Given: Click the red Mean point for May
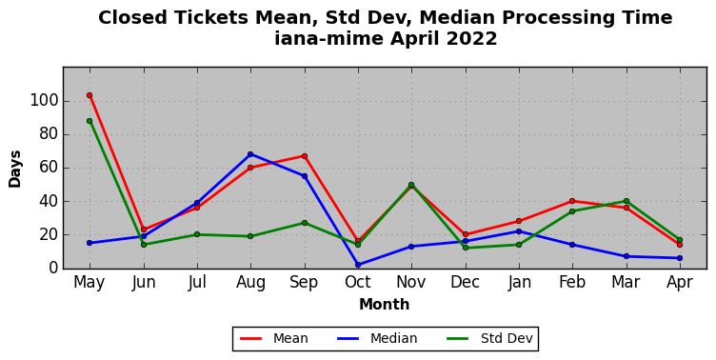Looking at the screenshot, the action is (x=89, y=95).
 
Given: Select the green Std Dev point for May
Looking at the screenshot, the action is (x=89, y=121).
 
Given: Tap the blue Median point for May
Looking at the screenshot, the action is (x=89, y=243).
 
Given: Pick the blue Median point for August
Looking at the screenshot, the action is (x=250, y=154).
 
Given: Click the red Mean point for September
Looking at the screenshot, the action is (x=305, y=156).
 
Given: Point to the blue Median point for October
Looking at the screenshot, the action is (x=358, y=265).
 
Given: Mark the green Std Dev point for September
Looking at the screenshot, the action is (x=305, y=223).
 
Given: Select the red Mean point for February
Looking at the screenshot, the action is (x=572, y=201).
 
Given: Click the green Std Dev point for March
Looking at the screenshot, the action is (x=626, y=201).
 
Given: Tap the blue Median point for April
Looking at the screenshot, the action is (x=680, y=258).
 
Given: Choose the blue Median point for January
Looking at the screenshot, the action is (x=519, y=231).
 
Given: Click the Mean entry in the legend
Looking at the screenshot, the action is (x=274, y=338).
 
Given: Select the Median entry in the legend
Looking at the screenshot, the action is (x=377, y=338).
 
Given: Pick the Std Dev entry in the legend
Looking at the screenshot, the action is (x=489, y=338).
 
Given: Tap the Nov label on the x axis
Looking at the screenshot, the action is (x=411, y=282).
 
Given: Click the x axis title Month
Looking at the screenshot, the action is (x=384, y=304).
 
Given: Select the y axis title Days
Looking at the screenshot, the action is (x=14, y=169).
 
